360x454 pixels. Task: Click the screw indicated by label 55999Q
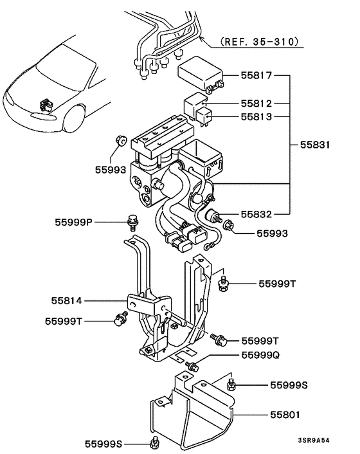[x=191, y=366]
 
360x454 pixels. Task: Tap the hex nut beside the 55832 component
[x=228, y=224]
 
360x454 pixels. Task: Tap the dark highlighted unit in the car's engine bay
[x=46, y=102]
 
